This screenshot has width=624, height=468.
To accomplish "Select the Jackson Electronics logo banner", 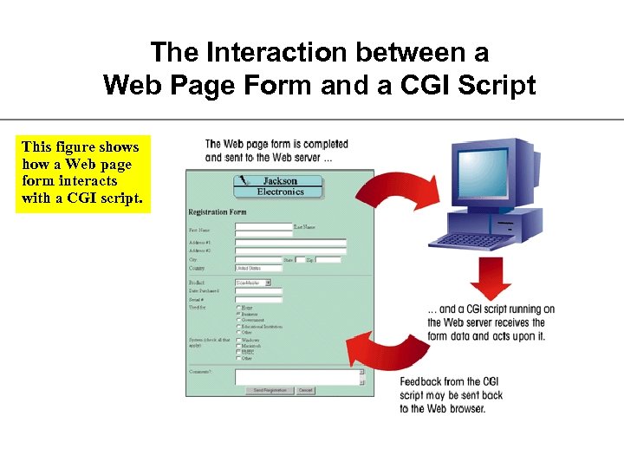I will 278,186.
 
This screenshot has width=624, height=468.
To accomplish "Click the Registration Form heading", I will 218,212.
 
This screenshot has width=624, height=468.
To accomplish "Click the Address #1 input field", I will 290,243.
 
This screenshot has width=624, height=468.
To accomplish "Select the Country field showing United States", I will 258,269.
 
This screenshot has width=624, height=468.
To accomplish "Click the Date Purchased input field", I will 258,291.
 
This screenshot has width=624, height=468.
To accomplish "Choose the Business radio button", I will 238,314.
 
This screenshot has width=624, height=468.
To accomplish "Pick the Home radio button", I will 238,308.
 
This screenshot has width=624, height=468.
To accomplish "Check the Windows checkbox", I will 238,340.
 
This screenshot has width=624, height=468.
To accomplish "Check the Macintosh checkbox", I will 238,346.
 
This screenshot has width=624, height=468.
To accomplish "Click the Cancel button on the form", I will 305,391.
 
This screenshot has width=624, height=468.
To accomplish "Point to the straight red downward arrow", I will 491,279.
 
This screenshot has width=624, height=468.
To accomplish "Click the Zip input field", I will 328,259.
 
